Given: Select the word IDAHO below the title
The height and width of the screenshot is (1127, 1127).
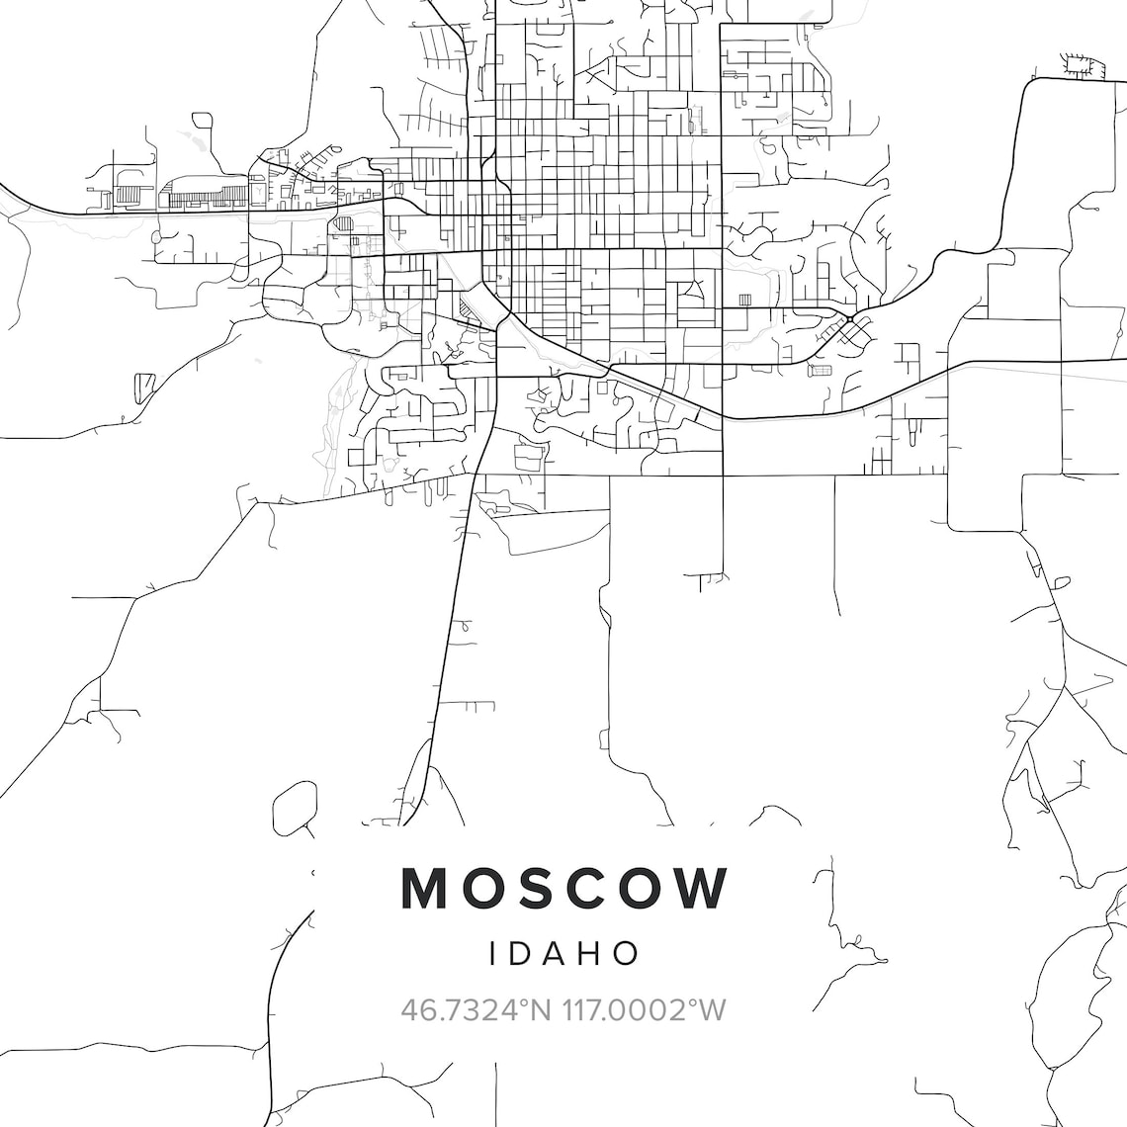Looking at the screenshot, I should click(x=564, y=953).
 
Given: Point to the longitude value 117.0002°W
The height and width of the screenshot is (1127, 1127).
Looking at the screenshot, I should click(x=645, y=1010).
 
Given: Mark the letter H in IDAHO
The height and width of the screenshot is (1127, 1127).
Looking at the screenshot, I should click(x=592, y=953).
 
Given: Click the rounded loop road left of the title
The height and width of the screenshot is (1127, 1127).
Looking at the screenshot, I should click(x=293, y=805).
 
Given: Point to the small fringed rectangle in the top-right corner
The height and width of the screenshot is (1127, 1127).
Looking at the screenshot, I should click(x=1080, y=65).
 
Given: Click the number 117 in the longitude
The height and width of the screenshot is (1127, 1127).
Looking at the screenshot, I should click(x=581, y=1010).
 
